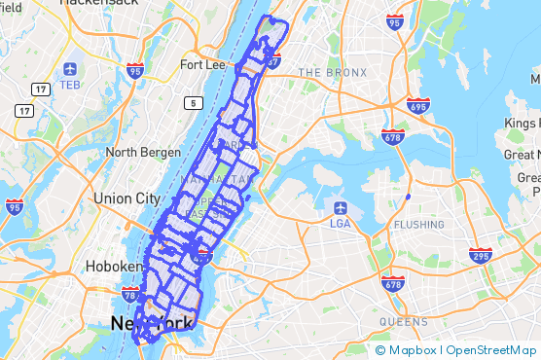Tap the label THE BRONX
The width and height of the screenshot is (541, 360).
(x=334, y=73)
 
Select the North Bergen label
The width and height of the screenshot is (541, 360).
(x=143, y=152)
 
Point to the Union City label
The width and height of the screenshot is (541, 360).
(x=126, y=198)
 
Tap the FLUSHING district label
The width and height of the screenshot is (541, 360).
(x=419, y=225)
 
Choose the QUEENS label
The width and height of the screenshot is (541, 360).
(x=404, y=322)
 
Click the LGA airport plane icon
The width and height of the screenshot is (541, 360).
(x=342, y=207)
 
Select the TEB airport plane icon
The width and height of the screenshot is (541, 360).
(x=70, y=70)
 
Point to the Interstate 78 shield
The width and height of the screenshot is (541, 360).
(x=129, y=292)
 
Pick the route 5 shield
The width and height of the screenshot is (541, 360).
(x=195, y=103)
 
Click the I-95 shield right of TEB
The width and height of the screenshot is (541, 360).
(x=134, y=70)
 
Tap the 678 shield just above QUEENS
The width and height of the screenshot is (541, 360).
(x=393, y=284)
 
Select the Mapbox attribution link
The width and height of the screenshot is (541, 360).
(x=405, y=349)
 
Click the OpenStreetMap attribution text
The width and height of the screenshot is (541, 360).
(x=490, y=349)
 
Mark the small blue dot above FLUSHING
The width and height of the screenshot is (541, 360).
(x=408, y=198)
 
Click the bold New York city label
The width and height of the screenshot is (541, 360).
(x=152, y=324)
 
